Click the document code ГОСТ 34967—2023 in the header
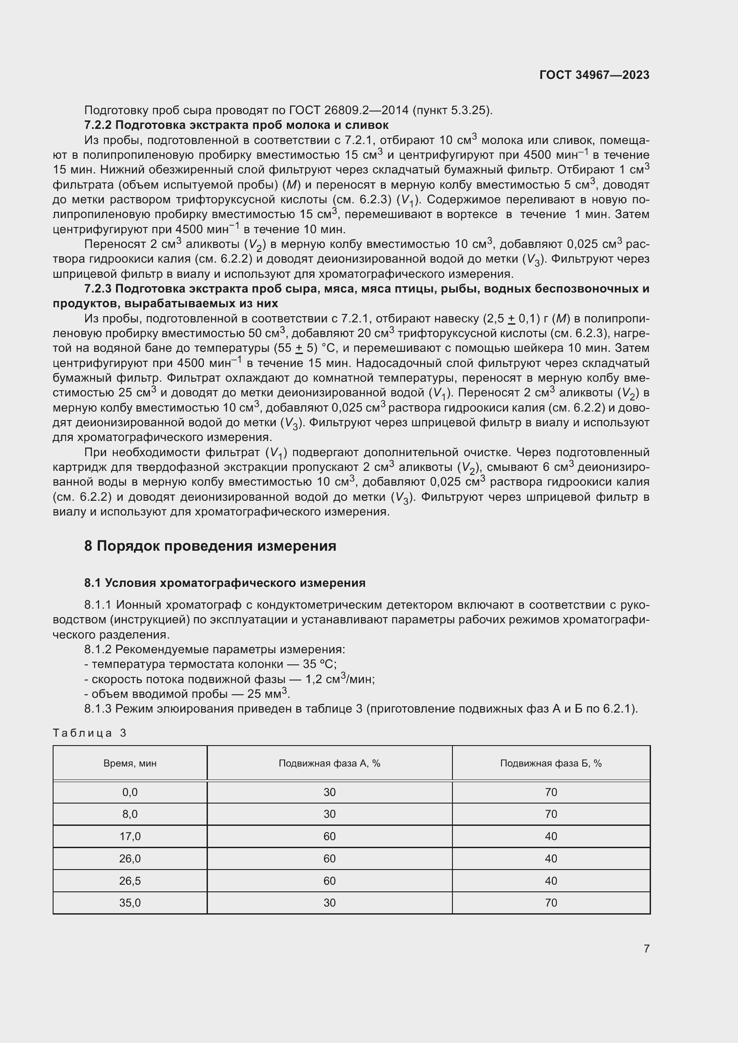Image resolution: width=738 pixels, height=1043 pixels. (594, 75)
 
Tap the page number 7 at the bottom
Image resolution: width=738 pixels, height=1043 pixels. (646, 948)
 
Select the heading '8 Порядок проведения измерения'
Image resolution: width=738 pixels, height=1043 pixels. (210, 545)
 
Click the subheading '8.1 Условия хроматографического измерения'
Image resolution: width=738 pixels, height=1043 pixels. (224, 583)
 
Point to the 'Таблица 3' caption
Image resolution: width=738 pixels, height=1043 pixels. (90, 733)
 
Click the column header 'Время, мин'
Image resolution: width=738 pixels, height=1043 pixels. (130, 763)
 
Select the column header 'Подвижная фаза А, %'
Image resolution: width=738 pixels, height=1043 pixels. (329, 763)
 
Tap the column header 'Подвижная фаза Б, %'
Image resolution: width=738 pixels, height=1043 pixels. (551, 763)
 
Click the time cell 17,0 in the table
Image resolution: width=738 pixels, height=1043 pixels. (130, 836)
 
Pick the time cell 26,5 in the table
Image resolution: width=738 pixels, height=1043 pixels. (130, 881)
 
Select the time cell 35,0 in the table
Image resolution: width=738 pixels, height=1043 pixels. (130, 903)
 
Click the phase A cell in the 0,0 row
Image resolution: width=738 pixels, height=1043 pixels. (329, 792)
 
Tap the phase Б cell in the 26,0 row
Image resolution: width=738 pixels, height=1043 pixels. (551, 858)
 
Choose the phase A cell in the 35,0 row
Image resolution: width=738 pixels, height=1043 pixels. (329, 903)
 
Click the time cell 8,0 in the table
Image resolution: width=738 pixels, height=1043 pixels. (130, 814)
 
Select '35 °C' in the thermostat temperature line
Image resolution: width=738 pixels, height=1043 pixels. (319, 664)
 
